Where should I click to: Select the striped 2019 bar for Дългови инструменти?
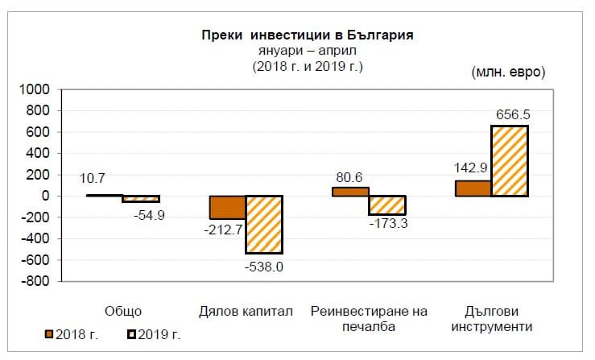click(510, 161)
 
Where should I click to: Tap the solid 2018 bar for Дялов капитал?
click(227, 207)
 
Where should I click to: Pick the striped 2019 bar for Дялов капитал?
click(264, 225)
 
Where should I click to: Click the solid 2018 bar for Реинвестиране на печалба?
click(350, 192)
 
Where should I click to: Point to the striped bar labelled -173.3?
click(387, 205)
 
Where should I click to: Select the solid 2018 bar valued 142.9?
click(473, 188)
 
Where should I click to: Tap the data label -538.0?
click(263, 265)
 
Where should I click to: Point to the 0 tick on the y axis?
click(47, 196)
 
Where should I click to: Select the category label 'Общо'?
click(123, 312)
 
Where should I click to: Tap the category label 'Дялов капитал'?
click(245, 312)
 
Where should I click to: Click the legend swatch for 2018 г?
click(49, 333)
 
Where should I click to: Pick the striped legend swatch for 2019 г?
click(132, 333)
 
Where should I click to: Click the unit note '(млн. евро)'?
click(508, 71)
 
